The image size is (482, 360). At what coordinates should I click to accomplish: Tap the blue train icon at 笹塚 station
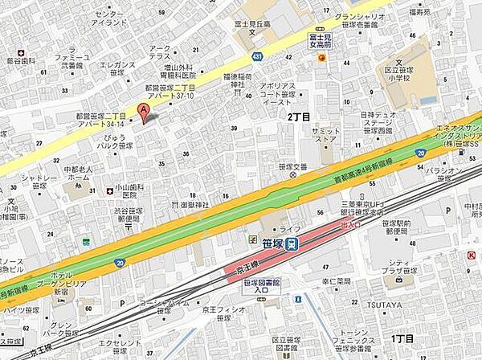pos(293,241)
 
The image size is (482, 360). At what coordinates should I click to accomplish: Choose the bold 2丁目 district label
pos(299,116)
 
